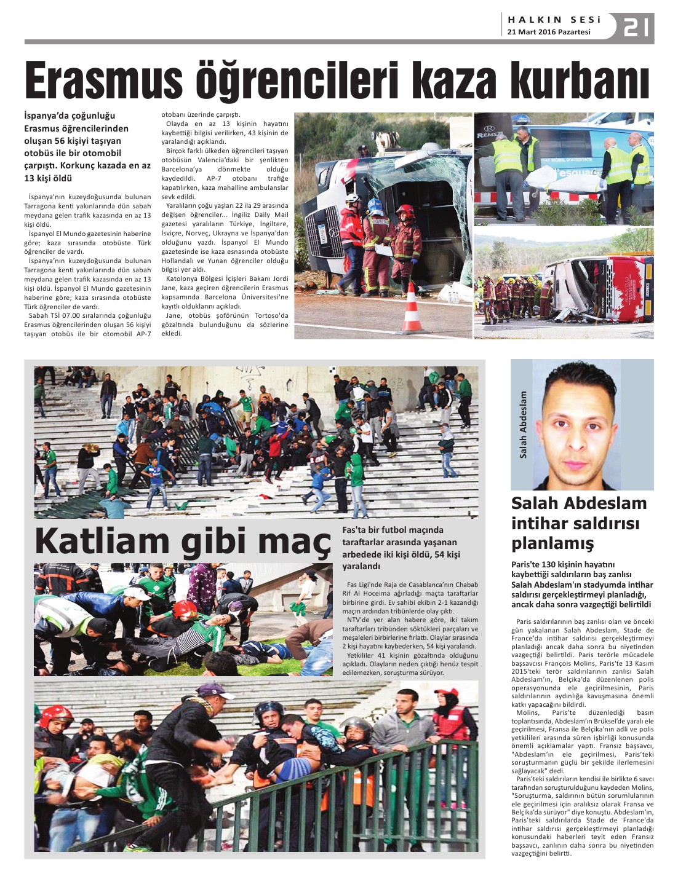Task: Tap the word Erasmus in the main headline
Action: [103, 81]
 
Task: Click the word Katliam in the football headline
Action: [102, 542]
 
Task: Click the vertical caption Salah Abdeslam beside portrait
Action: [524, 425]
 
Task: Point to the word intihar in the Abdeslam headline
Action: [544, 524]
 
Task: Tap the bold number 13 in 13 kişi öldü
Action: [30, 178]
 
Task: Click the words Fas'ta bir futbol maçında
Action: [393, 530]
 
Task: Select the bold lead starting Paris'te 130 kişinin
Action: [581, 584]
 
